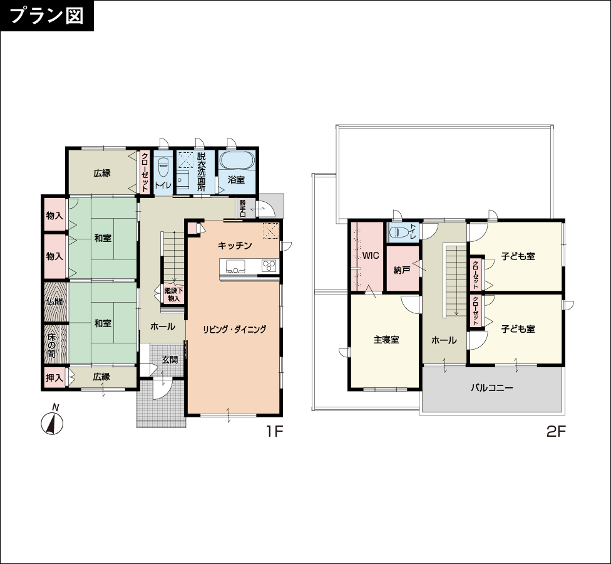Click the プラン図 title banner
(47, 16)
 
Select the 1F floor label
(274, 431)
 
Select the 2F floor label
(556, 431)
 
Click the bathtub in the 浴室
(237, 160)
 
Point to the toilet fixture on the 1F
(163, 167)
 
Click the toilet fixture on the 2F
(399, 232)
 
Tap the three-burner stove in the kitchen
(269, 266)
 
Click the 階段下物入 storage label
(173, 295)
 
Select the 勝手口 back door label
(243, 209)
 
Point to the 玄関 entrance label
(170, 360)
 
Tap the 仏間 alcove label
(54, 301)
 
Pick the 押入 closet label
(54, 377)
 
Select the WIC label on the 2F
(371, 256)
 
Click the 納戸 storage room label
(402, 270)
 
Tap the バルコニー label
(492, 388)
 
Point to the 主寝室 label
(386, 340)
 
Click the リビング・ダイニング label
(234, 329)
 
